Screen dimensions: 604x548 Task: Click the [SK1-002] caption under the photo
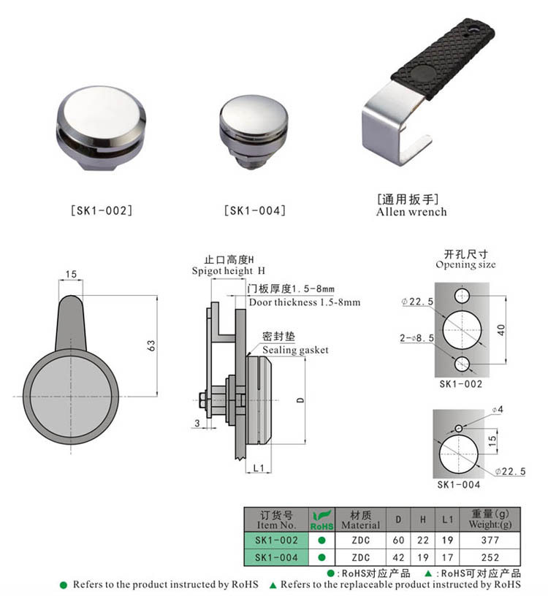101,211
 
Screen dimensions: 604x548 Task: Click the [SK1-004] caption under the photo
255,211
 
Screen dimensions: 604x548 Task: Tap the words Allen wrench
411,212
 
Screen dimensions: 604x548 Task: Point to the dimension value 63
151,345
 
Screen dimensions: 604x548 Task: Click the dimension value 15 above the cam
71,275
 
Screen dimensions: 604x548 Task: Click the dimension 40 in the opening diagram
501,329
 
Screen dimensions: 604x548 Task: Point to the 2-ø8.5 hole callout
417,339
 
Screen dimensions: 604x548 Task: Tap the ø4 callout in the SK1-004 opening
497,410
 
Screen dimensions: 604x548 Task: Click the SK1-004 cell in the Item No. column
275,557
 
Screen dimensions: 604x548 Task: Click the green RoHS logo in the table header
321,519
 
